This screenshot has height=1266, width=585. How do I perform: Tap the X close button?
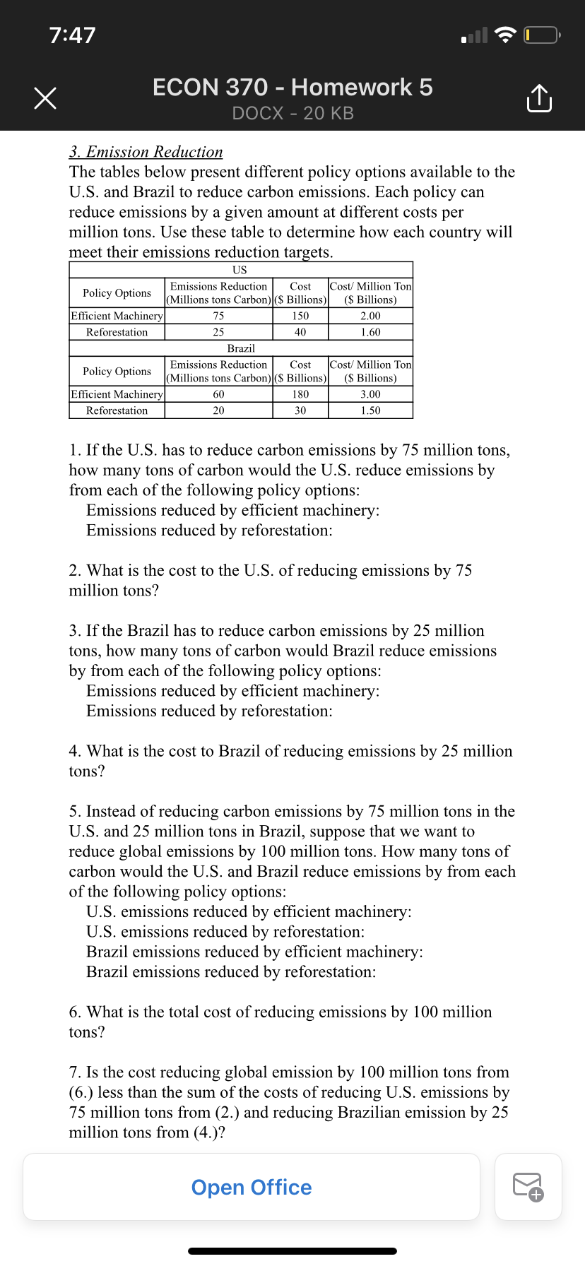45,98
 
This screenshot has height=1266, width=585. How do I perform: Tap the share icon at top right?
539,98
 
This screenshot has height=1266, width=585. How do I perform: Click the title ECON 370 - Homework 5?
292,88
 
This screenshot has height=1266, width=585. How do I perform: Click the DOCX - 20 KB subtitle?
292,113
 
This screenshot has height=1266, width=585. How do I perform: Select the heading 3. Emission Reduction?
146,152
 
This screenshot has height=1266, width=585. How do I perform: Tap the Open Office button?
252,1187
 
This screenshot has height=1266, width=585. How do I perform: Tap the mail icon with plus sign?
528,1187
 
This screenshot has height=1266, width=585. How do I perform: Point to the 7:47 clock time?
72,35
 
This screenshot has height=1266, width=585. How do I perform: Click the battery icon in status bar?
541,35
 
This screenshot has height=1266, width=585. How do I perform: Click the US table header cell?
240,270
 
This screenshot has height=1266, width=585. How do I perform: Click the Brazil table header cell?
240,348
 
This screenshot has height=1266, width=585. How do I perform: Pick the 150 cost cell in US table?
300,316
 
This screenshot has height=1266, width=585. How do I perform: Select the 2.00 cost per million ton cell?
370,316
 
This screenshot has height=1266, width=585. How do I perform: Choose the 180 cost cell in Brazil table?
300,394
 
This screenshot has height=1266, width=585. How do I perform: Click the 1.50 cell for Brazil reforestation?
370,410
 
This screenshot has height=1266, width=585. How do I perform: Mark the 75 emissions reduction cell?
218,316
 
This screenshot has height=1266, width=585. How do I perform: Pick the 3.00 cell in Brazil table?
370,394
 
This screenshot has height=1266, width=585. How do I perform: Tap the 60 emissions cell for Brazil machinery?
218,394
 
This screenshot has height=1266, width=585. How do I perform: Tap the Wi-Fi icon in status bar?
505,35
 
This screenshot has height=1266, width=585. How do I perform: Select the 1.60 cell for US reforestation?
370,332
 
